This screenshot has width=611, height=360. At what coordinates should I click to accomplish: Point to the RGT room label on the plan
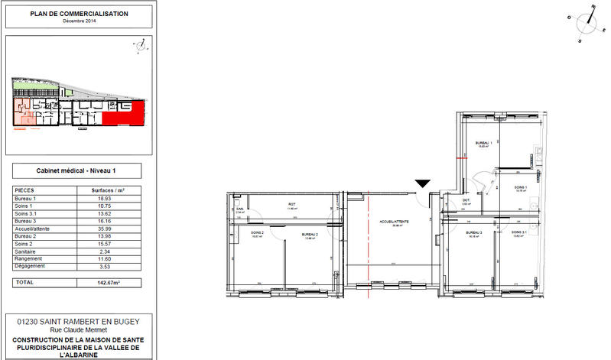(x=291, y=204)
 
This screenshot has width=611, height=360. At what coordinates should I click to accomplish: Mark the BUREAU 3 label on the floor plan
(x=475, y=232)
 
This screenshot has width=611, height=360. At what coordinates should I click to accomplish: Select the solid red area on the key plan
(x=122, y=115)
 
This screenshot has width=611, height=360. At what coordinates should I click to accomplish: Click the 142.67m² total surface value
(x=113, y=282)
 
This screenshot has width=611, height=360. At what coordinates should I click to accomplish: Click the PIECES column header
(x=25, y=190)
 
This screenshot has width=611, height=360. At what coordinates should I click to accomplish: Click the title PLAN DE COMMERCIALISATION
(x=79, y=14)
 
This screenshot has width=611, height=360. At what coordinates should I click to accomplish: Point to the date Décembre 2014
(x=80, y=21)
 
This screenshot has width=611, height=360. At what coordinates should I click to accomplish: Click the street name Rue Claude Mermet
(x=79, y=330)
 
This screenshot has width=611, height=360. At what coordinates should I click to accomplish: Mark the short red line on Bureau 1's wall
(x=459, y=158)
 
